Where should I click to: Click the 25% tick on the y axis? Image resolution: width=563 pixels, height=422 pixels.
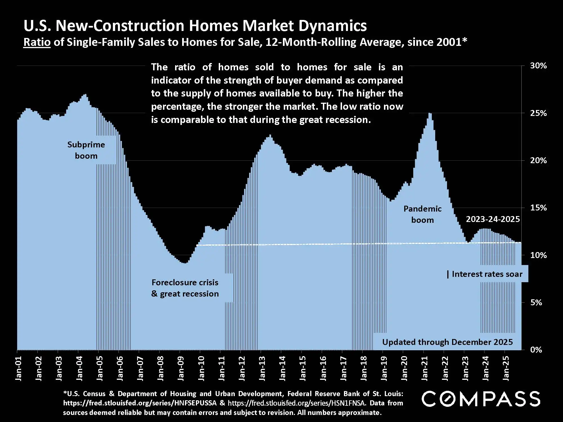point(538,113)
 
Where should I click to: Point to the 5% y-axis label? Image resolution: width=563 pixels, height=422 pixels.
point(536,302)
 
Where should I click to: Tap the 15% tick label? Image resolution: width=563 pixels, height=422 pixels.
point(538,208)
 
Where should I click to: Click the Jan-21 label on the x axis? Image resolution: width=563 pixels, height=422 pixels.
point(424,369)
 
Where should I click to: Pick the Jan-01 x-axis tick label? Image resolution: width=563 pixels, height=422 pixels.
point(18,369)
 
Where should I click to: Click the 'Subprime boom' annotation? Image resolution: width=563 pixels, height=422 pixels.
point(86,150)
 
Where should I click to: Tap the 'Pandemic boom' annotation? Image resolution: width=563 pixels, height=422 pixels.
point(422,214)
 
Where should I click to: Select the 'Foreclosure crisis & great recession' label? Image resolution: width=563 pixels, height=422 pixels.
point(185,288)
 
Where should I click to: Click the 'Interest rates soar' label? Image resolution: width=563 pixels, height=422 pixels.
point(487,274)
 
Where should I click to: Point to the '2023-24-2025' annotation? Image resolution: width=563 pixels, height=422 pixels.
point(493,219)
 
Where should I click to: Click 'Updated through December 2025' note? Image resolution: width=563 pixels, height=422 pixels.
point(447,342)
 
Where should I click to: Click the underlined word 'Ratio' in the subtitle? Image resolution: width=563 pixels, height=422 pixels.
point(37,42)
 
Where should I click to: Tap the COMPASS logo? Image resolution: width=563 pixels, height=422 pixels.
point(481,399)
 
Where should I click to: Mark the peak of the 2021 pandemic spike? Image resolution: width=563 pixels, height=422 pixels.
point(430,113)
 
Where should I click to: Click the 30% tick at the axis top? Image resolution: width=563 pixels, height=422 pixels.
point(538,66)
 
